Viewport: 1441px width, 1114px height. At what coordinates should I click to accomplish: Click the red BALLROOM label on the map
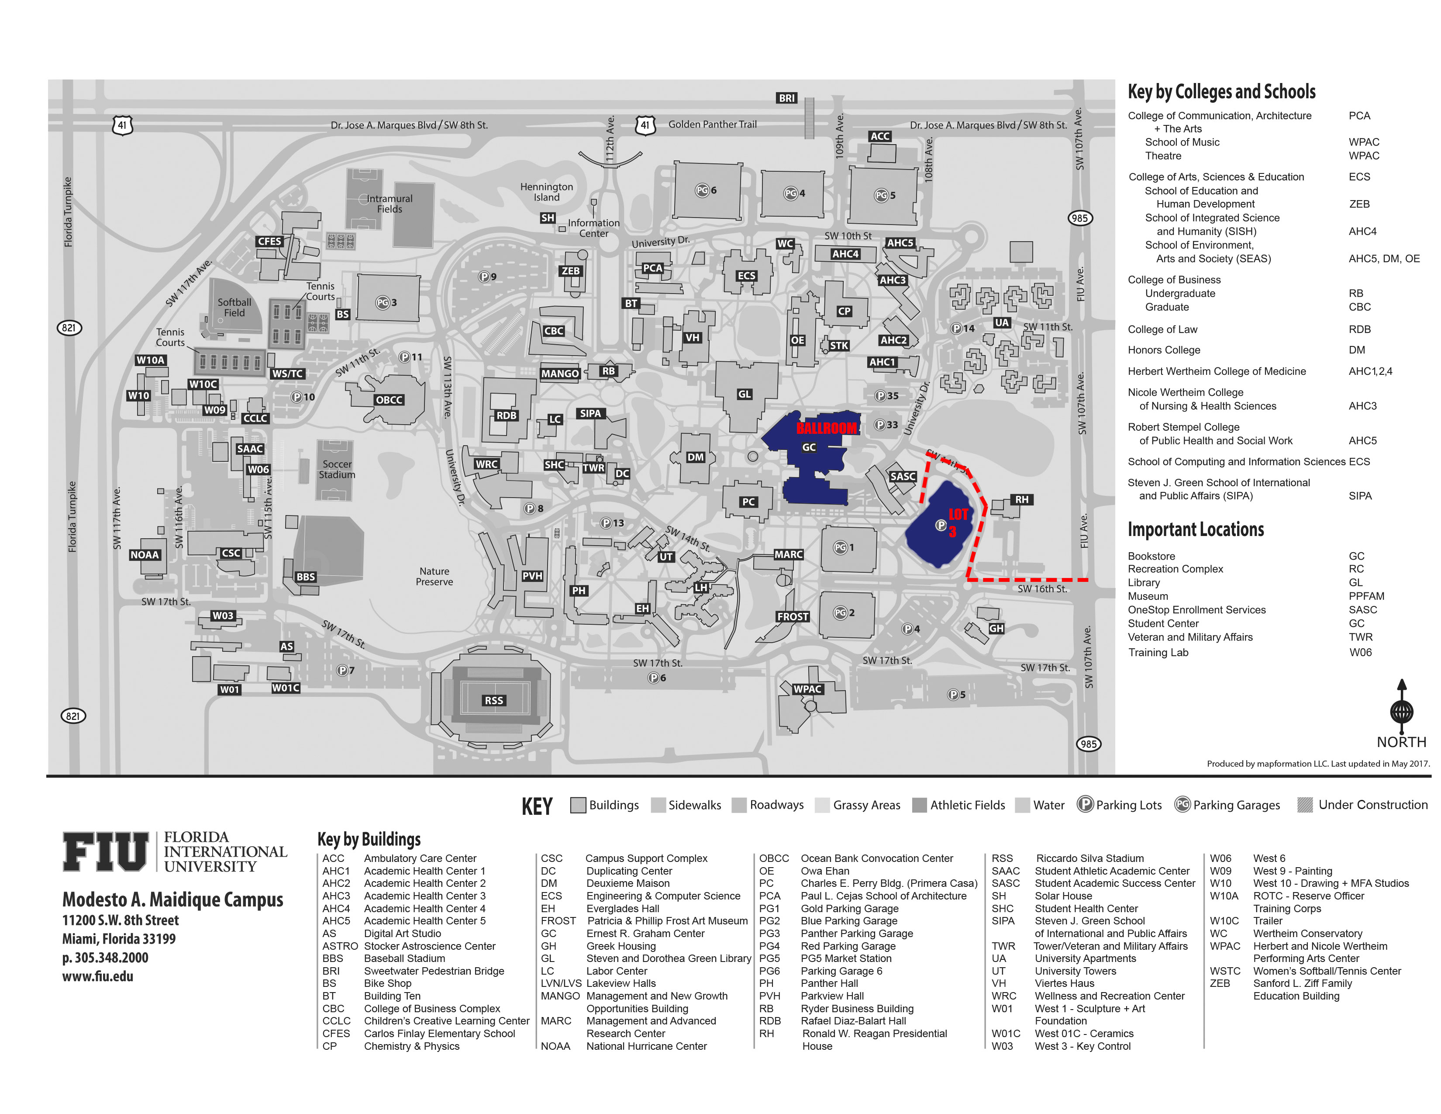826,428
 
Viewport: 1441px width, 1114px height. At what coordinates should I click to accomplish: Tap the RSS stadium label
493,700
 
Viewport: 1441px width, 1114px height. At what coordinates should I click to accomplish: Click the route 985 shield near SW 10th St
1079,218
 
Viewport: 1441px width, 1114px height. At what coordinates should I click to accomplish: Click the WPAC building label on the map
807,689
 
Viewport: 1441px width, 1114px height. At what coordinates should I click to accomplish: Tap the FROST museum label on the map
793,616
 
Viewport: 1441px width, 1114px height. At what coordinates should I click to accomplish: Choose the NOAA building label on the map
145,554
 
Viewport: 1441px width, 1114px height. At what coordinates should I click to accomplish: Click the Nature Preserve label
434,576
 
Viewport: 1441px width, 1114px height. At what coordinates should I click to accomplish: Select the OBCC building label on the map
389,399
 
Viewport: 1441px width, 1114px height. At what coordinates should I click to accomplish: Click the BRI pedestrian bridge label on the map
786,98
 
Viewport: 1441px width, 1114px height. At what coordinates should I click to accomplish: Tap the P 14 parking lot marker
963,328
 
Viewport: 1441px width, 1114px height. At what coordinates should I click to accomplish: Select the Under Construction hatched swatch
1304,804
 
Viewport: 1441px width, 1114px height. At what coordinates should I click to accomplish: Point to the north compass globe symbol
1401,711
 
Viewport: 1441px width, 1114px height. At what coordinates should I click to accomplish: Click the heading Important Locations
1196,529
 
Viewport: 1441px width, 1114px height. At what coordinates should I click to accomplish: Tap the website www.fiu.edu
98,976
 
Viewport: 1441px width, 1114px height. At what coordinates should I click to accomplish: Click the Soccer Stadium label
337,469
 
